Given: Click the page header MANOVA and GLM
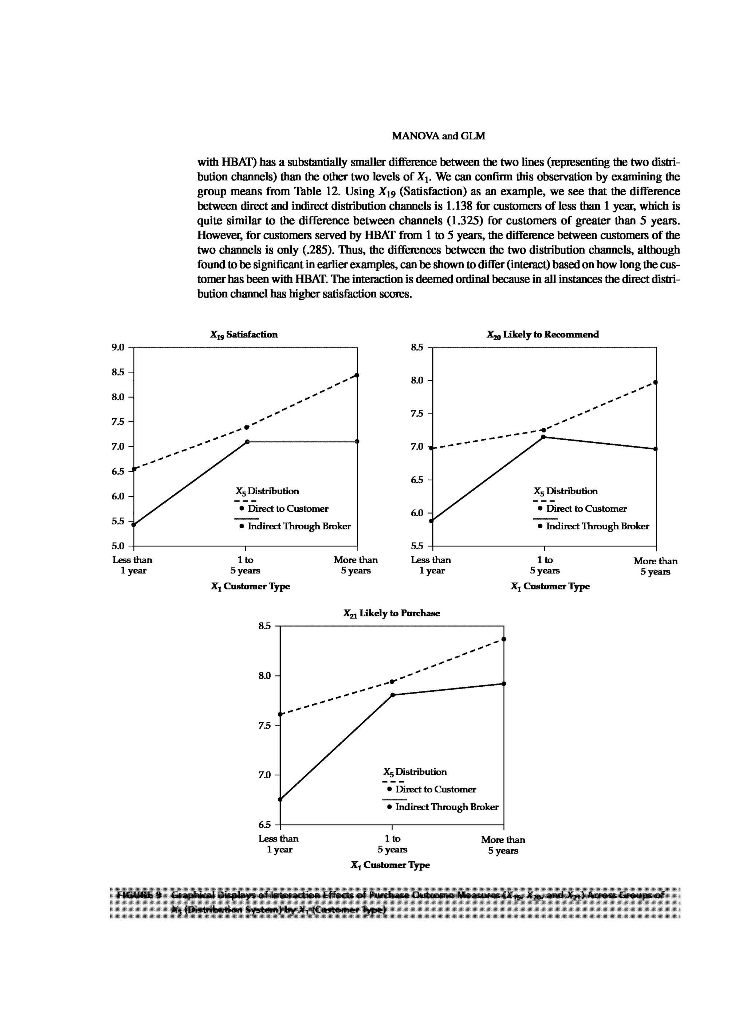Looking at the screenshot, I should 439,136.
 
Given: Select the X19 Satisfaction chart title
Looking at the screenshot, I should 243,334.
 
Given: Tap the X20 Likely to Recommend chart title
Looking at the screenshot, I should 542,334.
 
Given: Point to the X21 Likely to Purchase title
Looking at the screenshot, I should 391,613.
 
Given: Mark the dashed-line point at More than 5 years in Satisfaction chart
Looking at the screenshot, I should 357,375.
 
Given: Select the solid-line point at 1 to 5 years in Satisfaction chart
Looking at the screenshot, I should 247,441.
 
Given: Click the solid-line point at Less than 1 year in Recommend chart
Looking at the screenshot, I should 431,521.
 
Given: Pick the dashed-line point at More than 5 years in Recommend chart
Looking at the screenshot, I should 655,382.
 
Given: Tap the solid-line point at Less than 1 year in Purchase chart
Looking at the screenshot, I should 280,799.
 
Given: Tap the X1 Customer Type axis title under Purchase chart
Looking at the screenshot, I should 390,865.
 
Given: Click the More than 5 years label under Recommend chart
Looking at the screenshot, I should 655,566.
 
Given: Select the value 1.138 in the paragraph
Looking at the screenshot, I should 459,206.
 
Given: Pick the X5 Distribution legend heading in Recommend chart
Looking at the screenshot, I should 565,491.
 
